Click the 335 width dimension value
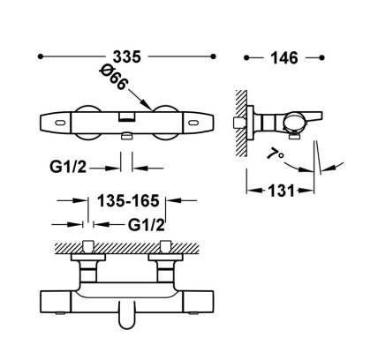127,56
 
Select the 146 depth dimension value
284,58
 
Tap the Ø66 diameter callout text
114,79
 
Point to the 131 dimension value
281,191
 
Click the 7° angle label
276,154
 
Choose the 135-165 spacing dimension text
128,201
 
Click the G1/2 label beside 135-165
146,225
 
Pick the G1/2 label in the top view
68,167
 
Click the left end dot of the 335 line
41,56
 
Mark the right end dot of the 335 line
214,56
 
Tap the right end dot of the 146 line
321,57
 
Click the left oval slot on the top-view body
61,123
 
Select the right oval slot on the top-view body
194,123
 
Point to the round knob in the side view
292,124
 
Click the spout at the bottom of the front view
127,315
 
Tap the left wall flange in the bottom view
88,257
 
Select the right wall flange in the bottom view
165,257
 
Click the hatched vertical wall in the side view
241,124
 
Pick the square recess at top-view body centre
127,117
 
